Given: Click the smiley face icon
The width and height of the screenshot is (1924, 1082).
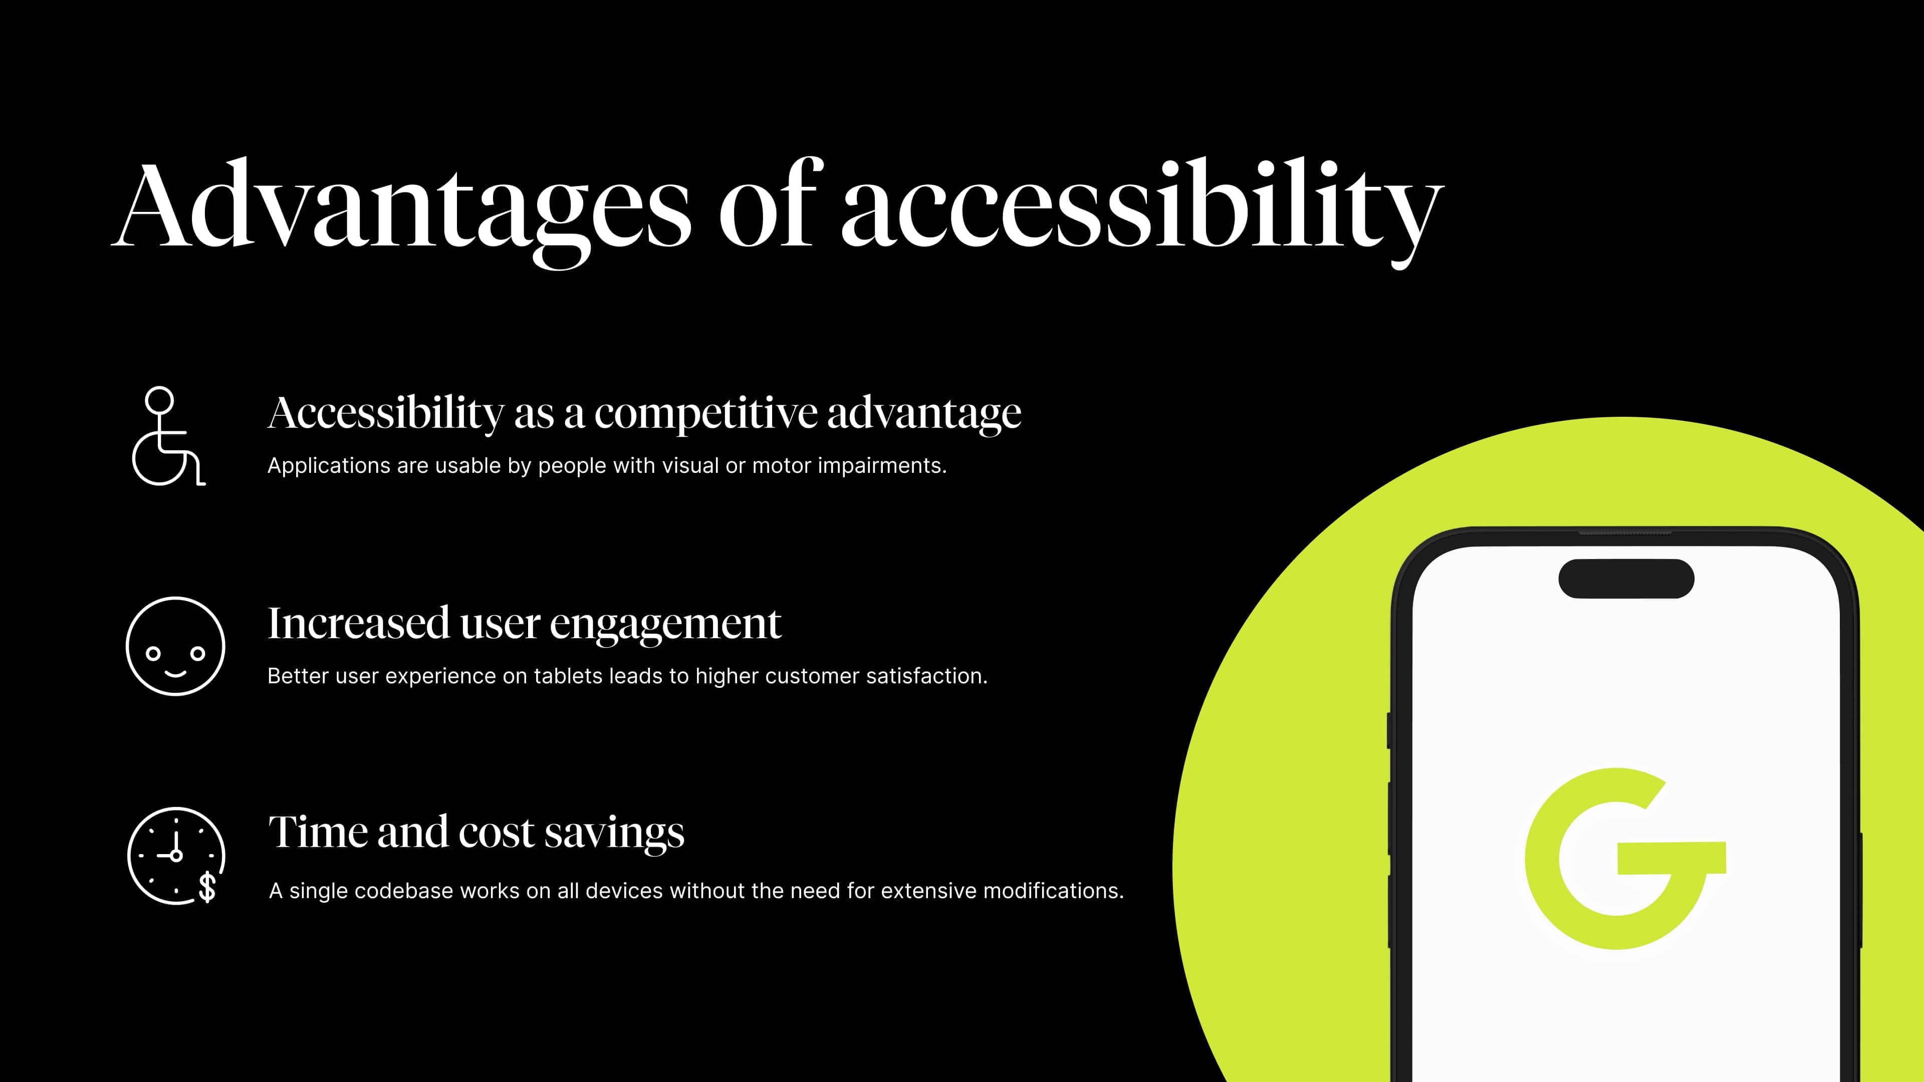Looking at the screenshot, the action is (x=175, y=646).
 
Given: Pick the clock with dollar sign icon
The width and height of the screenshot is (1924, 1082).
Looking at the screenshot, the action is (x=176, y=856).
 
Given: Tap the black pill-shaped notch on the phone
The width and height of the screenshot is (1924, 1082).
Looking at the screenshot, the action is (x=1626, y=579).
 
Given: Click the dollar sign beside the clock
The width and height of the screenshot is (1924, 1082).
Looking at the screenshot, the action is (x=207, y=887).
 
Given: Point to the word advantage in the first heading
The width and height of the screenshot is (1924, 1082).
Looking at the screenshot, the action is (x=924, y=413).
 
